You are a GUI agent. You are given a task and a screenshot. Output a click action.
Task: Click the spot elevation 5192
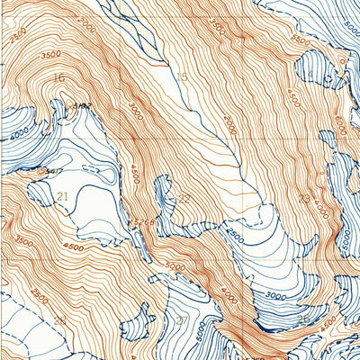tap(82, 107)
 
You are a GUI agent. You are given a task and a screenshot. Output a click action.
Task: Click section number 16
tap(59, 78)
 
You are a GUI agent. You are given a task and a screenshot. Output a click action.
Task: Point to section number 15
tap(182, 77)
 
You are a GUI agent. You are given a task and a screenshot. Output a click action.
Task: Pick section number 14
tap(308, 75)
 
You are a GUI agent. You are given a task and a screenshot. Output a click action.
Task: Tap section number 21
tap(63, 196)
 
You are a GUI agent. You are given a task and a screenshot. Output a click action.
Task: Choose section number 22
tap(184, 198)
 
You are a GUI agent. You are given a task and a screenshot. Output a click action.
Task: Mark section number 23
tap(305, 199)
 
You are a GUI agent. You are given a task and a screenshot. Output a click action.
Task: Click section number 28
tap(59, 319)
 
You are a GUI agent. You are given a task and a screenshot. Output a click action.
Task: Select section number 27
tap(183, 320)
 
